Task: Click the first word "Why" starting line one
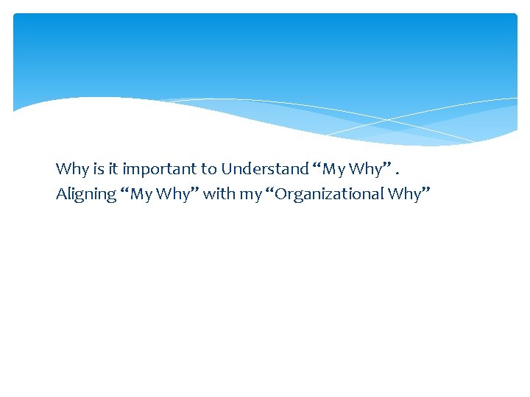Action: point(71,169)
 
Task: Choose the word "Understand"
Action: point(265,169)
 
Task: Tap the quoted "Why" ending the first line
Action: point(365,169)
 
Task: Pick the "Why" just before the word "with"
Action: point(174,195)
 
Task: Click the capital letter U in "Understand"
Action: point(227,169)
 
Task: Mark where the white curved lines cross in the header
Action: point(388,119)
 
